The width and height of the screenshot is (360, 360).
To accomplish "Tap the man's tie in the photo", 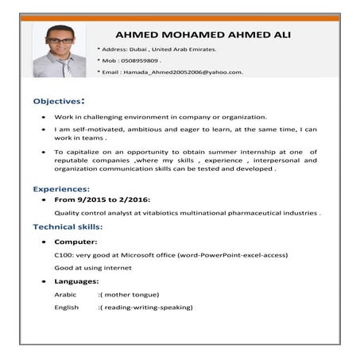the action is tap(68, 67).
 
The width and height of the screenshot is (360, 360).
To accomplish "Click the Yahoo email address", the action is tap(182, 72).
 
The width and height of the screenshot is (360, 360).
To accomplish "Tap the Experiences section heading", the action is tap(61, 190).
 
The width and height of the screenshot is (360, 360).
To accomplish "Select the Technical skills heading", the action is tap(68, 226).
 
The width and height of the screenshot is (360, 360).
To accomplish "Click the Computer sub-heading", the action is tap(76, 242).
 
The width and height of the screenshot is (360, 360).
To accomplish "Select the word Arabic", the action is tap(65, 294).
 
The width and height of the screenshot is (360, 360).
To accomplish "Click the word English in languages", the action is tap(66, 307).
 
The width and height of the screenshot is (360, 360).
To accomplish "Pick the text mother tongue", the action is tap(133, 294).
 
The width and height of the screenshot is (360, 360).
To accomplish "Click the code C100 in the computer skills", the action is tap(63, 255).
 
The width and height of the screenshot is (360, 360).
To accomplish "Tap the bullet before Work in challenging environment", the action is tap(43, 116).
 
